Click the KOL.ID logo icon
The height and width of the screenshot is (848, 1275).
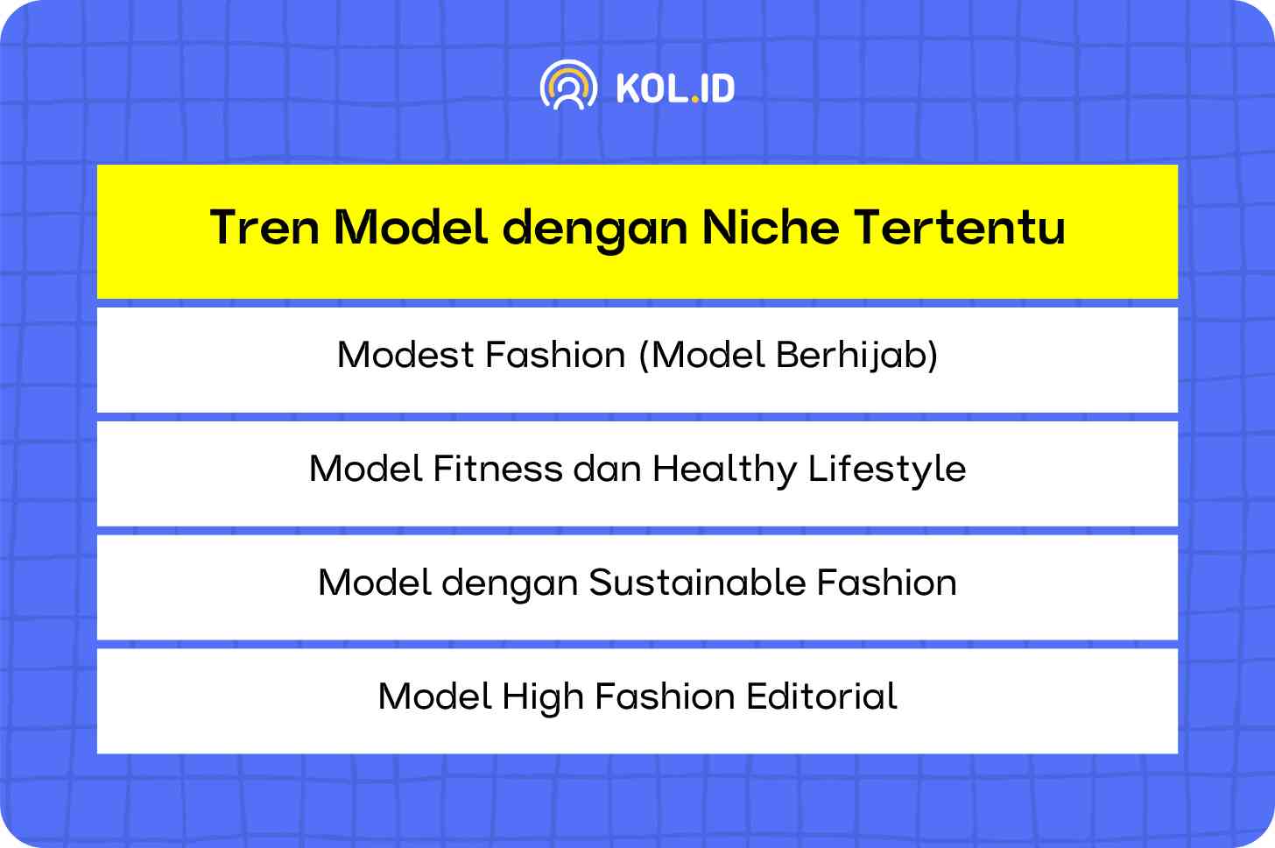tap(568, 85)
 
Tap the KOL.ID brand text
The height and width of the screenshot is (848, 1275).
tap(676, 88)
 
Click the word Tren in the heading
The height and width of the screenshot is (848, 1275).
tap(264, 228)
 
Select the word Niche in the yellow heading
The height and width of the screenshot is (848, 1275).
tap(771, 227)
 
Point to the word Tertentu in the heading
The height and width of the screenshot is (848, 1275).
tap(961, 227)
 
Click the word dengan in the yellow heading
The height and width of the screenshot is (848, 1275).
tap(595, 230)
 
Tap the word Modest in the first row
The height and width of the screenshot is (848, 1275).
tap(405, 355)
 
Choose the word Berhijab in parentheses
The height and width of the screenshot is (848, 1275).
tap(856, 356)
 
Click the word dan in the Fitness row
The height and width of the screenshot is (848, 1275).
tap(608, 469)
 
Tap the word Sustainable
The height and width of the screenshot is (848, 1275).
tap(697, 583)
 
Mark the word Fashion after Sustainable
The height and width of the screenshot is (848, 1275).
tap(887, 583)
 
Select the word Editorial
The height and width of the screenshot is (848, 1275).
tap(822, 696)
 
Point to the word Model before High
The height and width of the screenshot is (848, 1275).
tap(435, 696)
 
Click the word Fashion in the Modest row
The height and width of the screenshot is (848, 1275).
tap(555, 355)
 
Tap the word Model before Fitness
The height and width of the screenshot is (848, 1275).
tap(365, 469)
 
